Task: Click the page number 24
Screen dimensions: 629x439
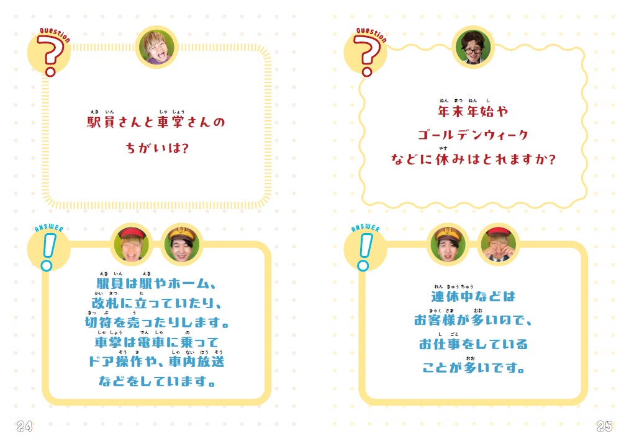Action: [24, 426]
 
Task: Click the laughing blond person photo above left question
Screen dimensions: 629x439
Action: [157, 47]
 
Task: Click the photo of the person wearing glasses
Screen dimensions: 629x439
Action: [474, 47]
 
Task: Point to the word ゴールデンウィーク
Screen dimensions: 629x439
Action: [473, 135]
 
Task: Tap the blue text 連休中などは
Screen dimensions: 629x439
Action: [473, 296]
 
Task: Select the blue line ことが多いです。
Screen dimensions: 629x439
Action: [473, 368]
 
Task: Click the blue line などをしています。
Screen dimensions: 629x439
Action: [157, 381]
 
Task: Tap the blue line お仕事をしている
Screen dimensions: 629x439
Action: [473, 344]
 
